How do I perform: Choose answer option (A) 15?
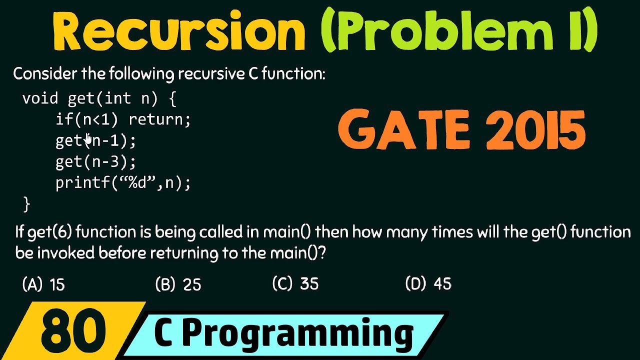point(44,284)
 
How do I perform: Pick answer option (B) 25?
point(178,284)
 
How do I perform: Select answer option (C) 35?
point(295,284)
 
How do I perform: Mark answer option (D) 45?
point(428,284)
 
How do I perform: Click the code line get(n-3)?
point(95,162)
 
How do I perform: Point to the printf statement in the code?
point(123,183)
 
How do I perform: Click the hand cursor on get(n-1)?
point(88,138)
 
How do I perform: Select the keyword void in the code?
point(40,98)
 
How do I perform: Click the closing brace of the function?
point(26,204)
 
